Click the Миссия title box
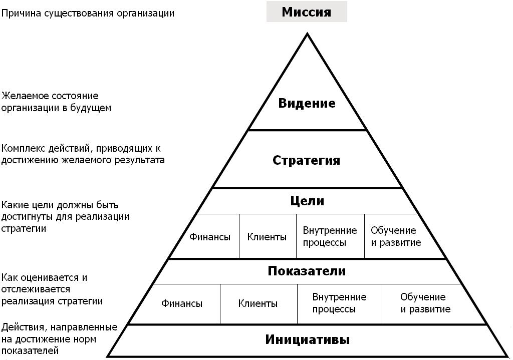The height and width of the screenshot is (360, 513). click(x=306, y=12)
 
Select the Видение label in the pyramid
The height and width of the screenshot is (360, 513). click(x=307, y=104)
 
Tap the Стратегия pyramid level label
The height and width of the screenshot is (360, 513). click(x=307, y=160)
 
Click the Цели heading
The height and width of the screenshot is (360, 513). click(x=307, y=201)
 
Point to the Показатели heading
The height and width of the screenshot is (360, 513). click(x=307, y=271)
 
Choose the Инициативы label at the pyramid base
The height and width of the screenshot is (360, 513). click(x=307, y=339)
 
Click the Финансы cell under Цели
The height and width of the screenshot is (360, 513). click(x=210, y=237)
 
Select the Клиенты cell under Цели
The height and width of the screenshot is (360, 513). click(x=267, y=237)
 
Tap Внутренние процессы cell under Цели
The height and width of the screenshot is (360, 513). click(x=330, y=236)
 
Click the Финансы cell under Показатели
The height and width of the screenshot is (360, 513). click(x=182, y=303)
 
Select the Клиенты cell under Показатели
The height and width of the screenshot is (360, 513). click(x=258, y=303)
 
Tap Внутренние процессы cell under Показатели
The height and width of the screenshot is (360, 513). click(x=339, y=303)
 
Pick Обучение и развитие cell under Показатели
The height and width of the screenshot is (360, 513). click(x=425, y=303)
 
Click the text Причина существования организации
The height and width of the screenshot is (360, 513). click(x=88, y=13)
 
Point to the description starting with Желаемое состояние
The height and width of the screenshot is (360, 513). click(x=56, y=102)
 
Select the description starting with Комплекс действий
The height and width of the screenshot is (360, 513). click(x=83, y=154)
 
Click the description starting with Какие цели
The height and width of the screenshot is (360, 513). click(x=66, y=217)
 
